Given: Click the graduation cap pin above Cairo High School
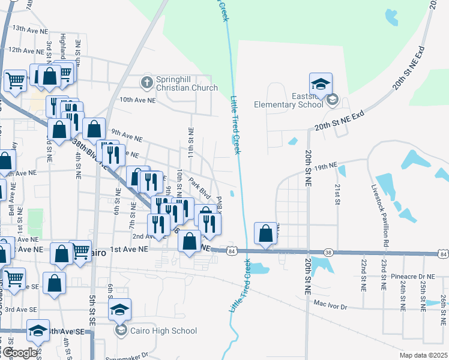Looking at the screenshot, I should click(x=120, y=310).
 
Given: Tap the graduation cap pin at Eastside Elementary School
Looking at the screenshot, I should click(x=321, y=84).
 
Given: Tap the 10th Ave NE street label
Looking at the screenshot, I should click(x=138, y=100).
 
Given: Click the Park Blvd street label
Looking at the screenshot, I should click(x=199, y=187).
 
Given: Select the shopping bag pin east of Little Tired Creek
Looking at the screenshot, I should click(x=265, y=233).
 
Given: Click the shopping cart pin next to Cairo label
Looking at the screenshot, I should click(x=80, y=250).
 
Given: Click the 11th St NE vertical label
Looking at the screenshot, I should click(x=191, y=143).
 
